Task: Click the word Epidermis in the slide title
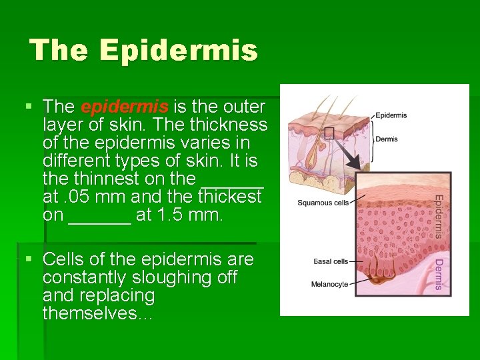(x=179, y=50)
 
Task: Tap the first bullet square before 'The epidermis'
(x=27, y=106)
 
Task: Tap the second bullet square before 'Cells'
(x=27, y=259)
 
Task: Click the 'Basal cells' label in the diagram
(x=331, y=261)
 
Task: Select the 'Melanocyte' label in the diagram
(x=329, y=285)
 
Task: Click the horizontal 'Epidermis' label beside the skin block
(x=391, y=115)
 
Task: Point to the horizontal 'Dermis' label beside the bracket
(x=387, y=139)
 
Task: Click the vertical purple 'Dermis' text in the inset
(x=439, y=275)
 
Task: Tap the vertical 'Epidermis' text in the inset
(x=439, y=215)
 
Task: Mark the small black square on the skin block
(x=329, y=133)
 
